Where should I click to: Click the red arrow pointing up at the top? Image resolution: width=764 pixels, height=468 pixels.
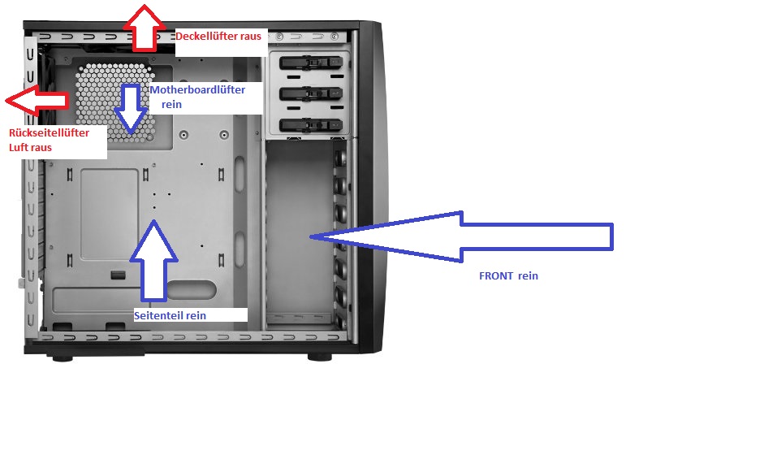[144, 28]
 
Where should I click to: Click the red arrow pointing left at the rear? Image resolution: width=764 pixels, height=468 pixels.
[37, 101]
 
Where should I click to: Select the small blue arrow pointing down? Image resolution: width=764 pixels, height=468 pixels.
[131, 109]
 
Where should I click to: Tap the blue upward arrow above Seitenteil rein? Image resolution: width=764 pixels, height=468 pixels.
[153, 261]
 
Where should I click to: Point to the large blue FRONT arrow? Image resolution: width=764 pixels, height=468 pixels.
[461, 237]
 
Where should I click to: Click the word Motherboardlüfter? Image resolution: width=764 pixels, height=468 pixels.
[197, 89]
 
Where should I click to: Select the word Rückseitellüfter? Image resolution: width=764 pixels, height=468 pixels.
[50, 132]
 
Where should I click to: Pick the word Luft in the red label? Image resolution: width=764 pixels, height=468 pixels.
[19, 147]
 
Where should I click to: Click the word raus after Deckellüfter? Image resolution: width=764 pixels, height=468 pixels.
[250, 36]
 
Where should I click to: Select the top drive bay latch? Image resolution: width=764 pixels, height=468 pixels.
[311, 63]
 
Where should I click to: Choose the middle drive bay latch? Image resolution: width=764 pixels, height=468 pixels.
[311, 93]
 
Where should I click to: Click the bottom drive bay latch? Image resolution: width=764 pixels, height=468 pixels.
[311, 125]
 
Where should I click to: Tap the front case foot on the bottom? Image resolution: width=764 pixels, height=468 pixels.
[320, 357]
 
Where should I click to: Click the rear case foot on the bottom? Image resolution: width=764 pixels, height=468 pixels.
[63, 358]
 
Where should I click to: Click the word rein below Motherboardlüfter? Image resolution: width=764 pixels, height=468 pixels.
[171, 104]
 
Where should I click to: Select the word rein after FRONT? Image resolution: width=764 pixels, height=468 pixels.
[529, 276]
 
